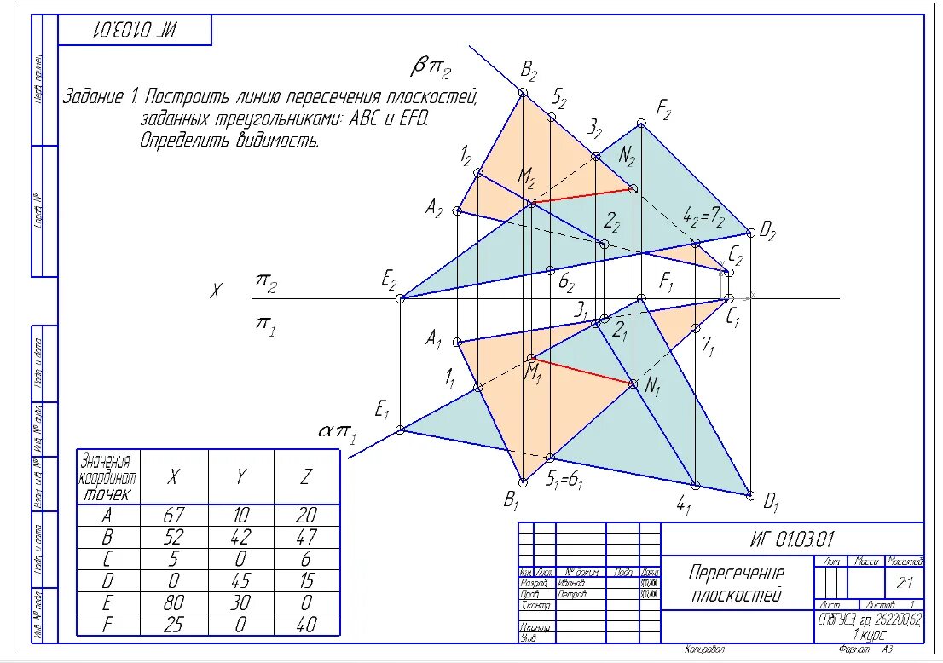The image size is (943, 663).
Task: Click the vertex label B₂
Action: tap(529, 71)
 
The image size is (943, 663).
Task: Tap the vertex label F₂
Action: tap(664, 108)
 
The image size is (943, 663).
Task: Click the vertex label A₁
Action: tap(434, 338)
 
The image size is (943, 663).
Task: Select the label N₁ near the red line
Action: tap(653, 386)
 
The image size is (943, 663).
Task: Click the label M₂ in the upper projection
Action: tap(527, 178)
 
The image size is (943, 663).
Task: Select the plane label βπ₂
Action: tap(431, 66)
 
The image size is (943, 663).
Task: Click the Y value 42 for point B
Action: tap(241, 537)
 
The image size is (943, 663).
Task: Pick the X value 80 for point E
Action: tap(173, 602)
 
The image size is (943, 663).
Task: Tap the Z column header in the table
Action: tap(306, 476)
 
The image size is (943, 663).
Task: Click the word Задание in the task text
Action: tap(95, 96)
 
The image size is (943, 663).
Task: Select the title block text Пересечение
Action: tap(737, 573)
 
